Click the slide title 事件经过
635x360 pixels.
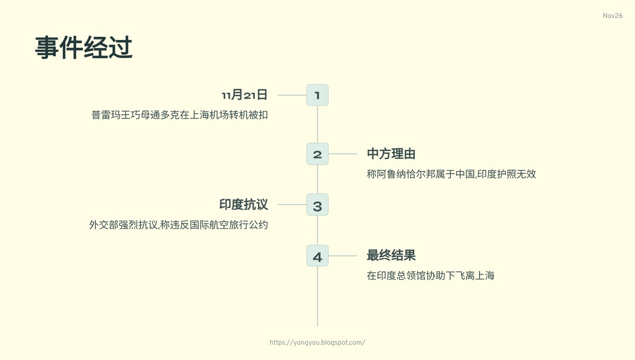[84, 48]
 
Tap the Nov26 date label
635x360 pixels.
[612, 16]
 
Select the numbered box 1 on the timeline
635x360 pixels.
[317, 95]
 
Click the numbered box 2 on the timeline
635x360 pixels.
[317, 154]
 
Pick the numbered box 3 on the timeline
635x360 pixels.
[317, 205]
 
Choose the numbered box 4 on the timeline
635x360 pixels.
[317, 256]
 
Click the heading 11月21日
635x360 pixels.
[245, 95]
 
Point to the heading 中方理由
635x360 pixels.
[391, 154]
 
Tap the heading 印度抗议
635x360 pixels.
[244, 204]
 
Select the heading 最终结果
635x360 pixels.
[391, 255]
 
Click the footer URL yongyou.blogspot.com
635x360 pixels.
[317, 343]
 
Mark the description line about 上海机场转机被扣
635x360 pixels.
[179, 115]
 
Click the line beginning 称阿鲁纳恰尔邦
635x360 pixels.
[451, 174]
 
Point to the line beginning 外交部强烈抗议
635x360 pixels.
[179, 225]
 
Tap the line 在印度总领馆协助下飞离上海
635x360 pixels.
[430, 275]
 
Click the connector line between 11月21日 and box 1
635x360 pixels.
[292, 95]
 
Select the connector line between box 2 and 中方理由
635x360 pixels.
[343, 154]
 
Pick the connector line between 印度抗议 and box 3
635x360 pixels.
[292, 205]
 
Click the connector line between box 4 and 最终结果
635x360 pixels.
[343, 256]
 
